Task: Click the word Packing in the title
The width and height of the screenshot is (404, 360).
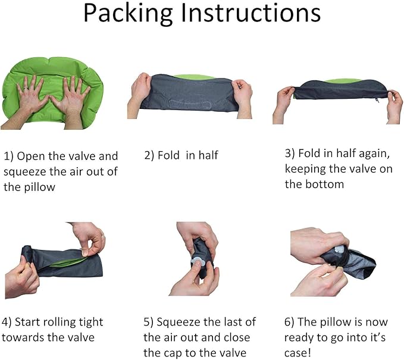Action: (128, 14)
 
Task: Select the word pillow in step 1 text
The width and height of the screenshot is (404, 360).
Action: (40, 187)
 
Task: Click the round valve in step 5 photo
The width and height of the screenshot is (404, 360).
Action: (198, 262)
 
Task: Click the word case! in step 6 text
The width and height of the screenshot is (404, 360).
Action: (297, 353)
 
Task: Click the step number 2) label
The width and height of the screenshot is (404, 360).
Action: (149, 156)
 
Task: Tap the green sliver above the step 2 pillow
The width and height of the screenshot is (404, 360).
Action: (194, 77)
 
